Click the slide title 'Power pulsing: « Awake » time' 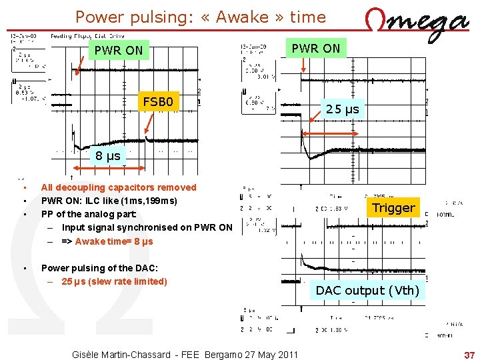[x=201, y=17]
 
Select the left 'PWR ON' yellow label [x=119, y=50]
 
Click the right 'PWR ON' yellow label [x=316, y=48]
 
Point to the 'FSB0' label [x=159, y=102]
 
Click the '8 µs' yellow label [x=107, y=156]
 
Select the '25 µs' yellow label [x=343, y=109]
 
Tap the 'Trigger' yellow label [x=393, y=207]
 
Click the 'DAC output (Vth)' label [x=367, y=290]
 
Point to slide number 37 [x=469, y=354]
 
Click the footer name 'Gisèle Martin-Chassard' [x=121, y=354]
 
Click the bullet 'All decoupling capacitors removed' [x=119, y=187]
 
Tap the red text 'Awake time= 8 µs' [x=114, y=241]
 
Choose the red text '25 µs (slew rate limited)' [x=114, y=281]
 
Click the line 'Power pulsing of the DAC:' [x=99, y=268]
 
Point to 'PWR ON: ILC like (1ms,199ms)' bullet [x=109, y=201]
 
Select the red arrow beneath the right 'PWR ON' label [x=303, y=65]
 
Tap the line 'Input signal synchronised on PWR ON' [x=147, y=228]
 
